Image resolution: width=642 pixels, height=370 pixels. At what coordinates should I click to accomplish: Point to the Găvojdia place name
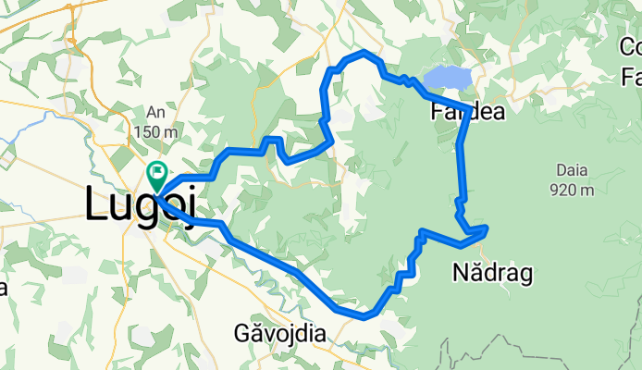(280, 333)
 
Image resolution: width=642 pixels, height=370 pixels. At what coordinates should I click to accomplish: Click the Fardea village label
(468, 114)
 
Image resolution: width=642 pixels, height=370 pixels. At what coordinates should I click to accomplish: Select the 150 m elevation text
(156, 132)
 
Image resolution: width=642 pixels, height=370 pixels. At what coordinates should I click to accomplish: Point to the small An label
(155, 112)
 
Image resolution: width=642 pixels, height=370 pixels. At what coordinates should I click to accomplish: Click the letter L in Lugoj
(94, 203)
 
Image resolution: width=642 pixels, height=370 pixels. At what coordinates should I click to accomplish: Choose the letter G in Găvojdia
(243, 333)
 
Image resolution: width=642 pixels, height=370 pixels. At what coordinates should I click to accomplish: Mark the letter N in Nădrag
(459, 272)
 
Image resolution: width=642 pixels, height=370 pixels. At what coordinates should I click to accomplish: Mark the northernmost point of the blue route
(366, 53)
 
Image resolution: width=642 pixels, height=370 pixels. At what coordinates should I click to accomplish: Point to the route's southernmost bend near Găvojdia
(365, 316)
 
